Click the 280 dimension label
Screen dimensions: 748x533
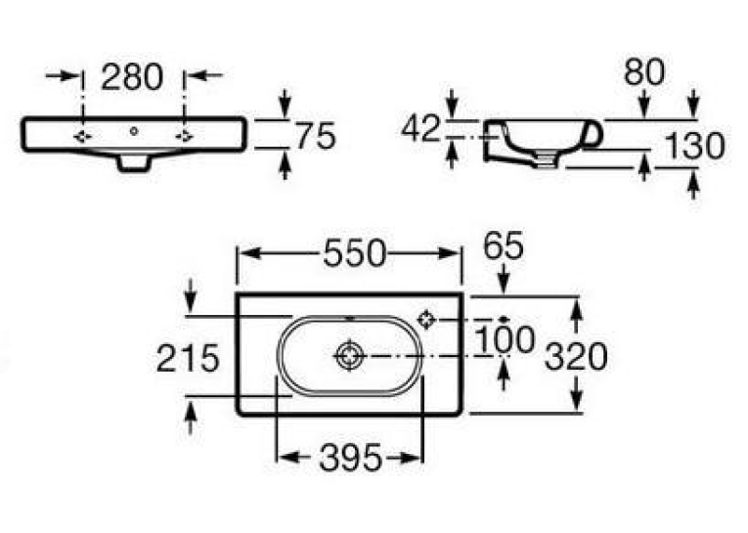[x=132, y=77]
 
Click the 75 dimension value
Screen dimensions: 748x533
[x=316, y=136]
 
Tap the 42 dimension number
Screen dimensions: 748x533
[x=420, y=128]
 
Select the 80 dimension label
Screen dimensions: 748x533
[x=644, y=72]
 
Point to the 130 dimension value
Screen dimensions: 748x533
[x=694, y=146]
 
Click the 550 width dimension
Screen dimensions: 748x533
[x=354, y=253]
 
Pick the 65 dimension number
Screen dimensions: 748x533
[x=504, y=245]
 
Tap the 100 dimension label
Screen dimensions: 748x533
[x=506, y=339]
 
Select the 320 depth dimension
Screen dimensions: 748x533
[x=576, y=356]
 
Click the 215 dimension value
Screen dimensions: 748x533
[x=188, y=358]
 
